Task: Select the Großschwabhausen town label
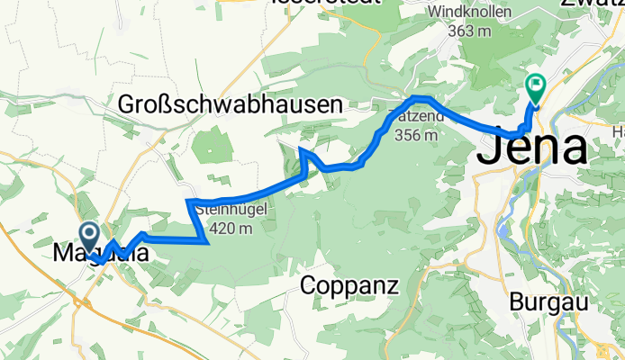pos(231,105)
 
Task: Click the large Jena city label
pos(532,148)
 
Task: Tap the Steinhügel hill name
pos(237,213)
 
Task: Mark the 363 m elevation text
pos(470,29)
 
